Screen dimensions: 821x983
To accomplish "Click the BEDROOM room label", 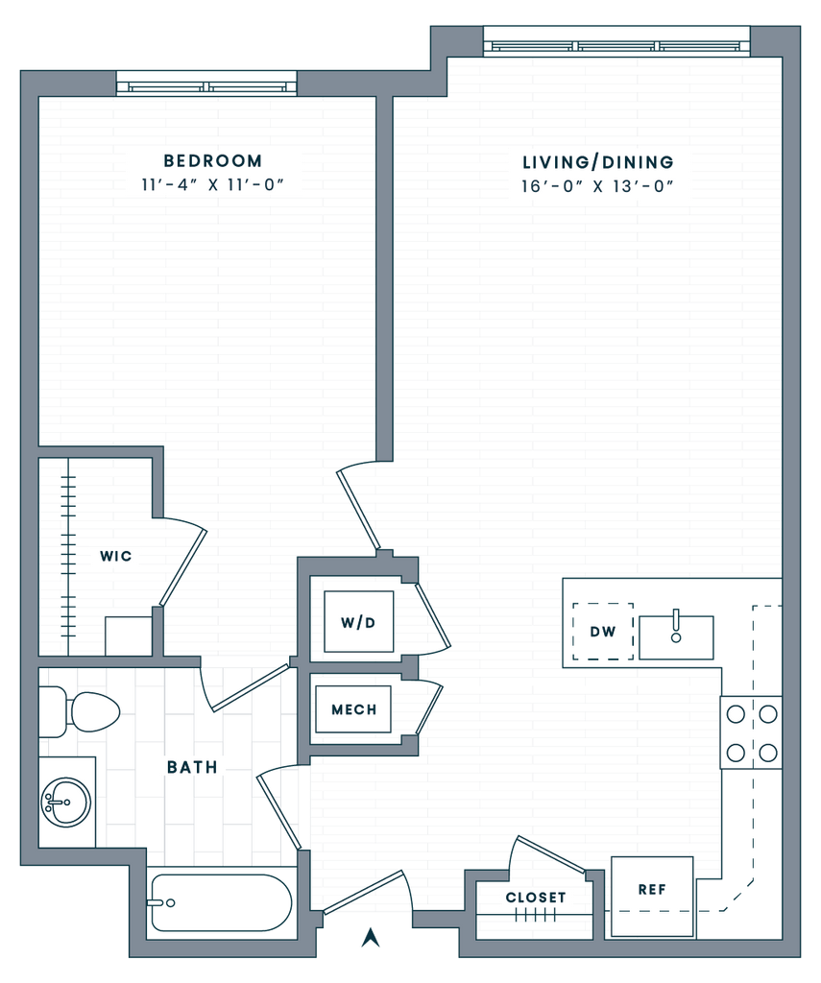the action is pos(212,161).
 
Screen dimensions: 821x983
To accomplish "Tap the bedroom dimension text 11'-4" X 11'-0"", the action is pos(212,185).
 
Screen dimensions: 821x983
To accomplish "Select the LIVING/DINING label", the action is pos(598,162).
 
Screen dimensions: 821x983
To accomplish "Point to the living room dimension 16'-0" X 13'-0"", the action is pos(597,186).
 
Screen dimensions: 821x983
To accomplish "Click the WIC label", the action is pos(116,556).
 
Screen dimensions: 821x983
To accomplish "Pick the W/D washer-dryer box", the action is pos(359,622).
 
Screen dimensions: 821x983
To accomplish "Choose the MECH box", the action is pos(353,709).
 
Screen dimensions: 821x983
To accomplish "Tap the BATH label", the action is pos(193,767).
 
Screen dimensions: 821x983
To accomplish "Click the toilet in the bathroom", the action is pos(80,712).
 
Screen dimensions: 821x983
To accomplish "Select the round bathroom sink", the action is pos(66,802).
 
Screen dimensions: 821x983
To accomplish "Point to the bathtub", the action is pos(222,902).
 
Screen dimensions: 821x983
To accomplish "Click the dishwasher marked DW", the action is pos(603,632).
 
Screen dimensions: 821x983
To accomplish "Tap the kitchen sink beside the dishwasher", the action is pos(676,637).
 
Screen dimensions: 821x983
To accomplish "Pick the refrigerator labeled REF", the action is pos(652,898).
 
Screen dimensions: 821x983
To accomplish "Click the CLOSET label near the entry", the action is pos(536,898).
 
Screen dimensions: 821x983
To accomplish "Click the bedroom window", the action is pos(206,84).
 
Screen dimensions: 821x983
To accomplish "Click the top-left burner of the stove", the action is pos(736,714).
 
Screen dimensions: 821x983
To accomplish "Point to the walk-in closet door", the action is pos(183,567).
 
